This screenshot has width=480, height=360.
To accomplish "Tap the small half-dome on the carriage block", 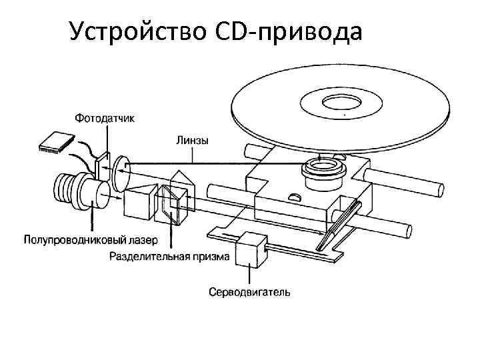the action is (295, 197).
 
